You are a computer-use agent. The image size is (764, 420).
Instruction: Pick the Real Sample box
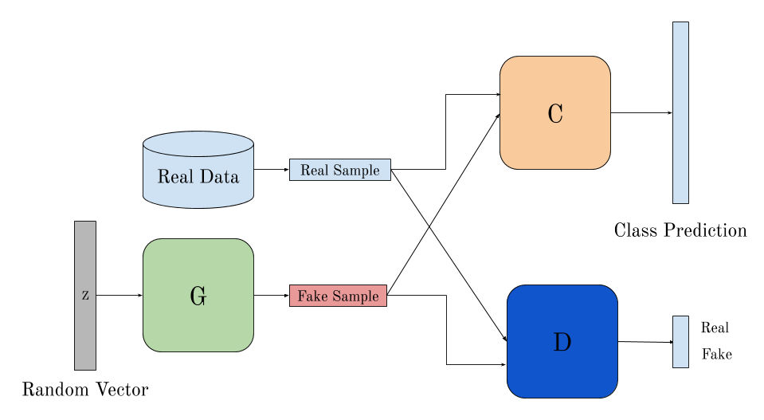pos(340,170)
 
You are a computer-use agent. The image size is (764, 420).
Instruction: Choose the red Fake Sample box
pos(338,296)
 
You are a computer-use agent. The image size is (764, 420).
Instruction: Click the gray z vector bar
pos(85,335)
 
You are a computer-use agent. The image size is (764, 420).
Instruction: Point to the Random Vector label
pos(85,390)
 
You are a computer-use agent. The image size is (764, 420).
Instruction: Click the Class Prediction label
pos(680,230)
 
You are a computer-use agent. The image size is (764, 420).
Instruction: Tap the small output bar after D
pos(680,342)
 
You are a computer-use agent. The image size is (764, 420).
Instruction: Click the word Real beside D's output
pos(715,328)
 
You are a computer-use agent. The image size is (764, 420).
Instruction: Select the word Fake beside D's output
pos(716,355)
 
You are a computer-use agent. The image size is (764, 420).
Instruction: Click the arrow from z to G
pos(119,296)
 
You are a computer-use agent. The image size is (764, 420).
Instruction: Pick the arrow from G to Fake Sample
pos(271,296)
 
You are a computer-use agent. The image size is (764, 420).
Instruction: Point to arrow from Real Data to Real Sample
pos(271,170)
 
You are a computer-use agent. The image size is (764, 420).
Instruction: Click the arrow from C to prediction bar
pos(641,113)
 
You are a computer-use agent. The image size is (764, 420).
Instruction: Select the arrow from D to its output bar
pos(645,342)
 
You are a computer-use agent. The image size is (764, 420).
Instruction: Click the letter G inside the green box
pos(198,296)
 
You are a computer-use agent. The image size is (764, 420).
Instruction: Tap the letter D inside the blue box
pos(562,342)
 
